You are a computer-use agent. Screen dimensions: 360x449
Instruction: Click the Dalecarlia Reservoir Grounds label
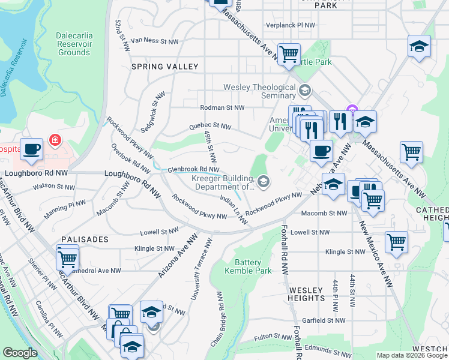coord(74,44)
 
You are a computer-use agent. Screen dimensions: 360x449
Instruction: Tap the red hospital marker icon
coord(56,140)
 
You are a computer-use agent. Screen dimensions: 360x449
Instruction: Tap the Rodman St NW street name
coord(222,108)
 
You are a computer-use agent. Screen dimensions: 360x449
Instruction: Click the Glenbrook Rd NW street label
coord(193,170)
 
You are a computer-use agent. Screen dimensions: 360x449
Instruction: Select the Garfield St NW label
coord(324,320)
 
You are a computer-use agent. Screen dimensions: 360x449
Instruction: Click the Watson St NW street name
coord(53,187)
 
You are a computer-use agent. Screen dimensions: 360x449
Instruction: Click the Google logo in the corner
coord(20,353)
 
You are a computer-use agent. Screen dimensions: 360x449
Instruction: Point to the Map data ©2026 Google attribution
coord(411,355)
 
